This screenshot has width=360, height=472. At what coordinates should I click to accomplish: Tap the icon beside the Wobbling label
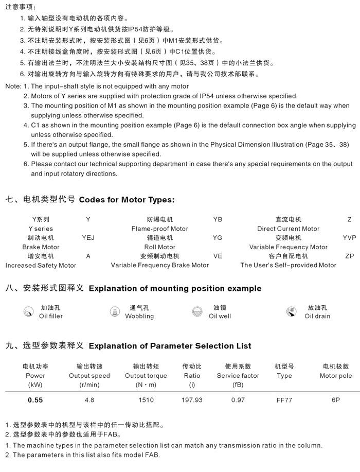click(x=115, y=311)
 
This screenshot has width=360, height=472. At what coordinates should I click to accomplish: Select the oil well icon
click(x=196, y=311)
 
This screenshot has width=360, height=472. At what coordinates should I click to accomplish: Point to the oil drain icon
click(x=292, y=311)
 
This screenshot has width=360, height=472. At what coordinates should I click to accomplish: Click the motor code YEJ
click(x=88, y=238)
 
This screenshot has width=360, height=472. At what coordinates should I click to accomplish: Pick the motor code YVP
click(x=349, y=238)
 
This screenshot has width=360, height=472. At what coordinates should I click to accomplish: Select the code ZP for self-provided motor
click(x=349, y=256)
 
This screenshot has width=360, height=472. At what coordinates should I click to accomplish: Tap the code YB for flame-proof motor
click(x=218, y=219)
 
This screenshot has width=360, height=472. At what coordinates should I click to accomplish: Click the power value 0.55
click(x=35, y=400)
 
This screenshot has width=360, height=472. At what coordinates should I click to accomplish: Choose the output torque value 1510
click(x=146, y=400)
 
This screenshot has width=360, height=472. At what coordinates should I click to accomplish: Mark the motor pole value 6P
click(x=335, y=400)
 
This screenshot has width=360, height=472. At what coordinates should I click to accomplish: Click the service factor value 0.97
click(x=238, y=400)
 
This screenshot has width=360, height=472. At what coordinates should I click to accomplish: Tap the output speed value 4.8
click(x=89, y=400)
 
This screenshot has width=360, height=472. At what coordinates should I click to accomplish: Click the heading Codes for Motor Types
click(x=127, y=200)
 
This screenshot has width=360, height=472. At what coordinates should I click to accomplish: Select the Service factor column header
click(x=238, y=376)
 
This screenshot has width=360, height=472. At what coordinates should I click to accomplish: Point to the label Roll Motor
click(x=160, y=247)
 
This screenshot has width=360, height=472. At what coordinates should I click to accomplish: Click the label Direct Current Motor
click(x=288, y=229)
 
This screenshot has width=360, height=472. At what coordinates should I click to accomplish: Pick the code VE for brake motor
click(x=218, y=256)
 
